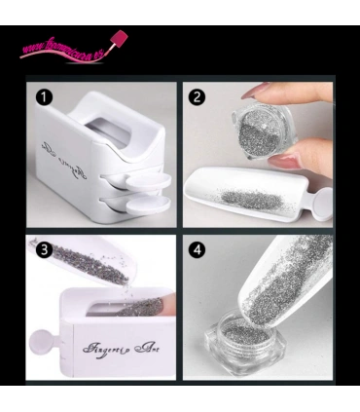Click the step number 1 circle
point(44,97)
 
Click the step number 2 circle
point(198,97)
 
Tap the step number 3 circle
point(44,249)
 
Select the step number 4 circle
point(198,249)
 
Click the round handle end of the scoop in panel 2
point(320,207)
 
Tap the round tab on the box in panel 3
point(41,343)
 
